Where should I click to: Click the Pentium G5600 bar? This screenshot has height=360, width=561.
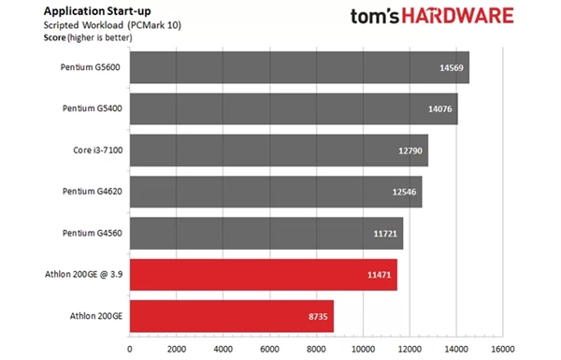tap(299, 67)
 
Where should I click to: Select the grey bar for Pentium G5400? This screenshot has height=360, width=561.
tap(294, 108)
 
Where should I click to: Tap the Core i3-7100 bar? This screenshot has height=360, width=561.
tap(279, 150)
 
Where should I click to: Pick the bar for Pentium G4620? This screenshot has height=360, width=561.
tap(276, 191)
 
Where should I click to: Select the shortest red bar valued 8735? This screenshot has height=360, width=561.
tap(232, 315)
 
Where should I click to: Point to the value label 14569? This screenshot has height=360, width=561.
tap(451, 68)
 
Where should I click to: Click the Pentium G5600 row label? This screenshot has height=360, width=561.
tap(92, 67)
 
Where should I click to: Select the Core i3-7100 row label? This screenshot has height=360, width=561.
tap(97, 150)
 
